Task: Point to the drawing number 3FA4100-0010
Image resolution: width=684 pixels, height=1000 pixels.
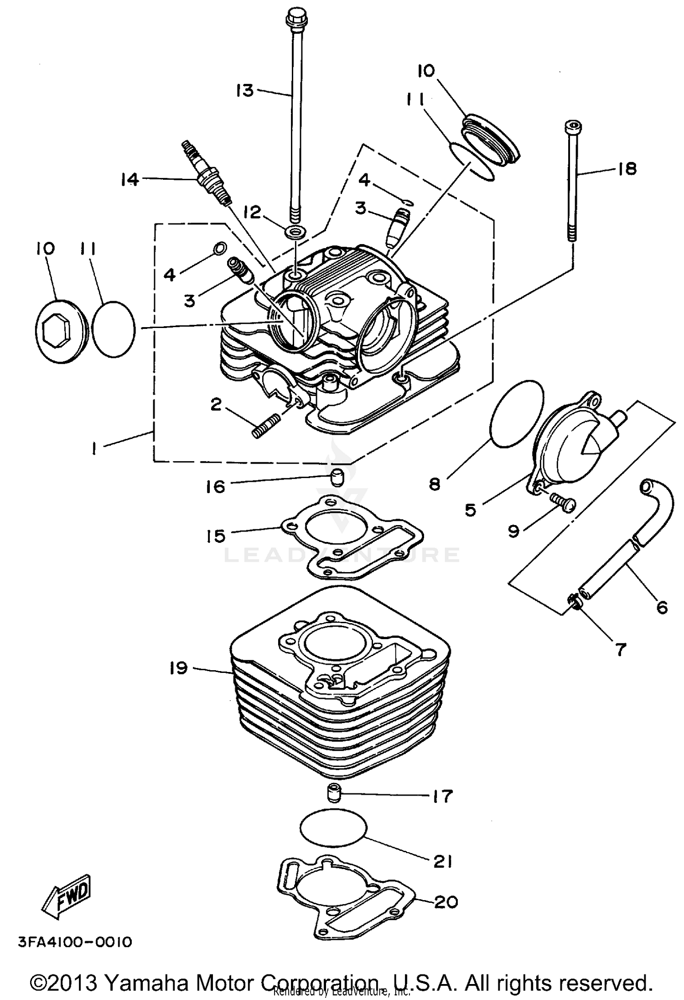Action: (x=75, y=942)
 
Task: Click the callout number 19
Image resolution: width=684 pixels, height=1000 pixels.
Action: (x=179, y=668)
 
